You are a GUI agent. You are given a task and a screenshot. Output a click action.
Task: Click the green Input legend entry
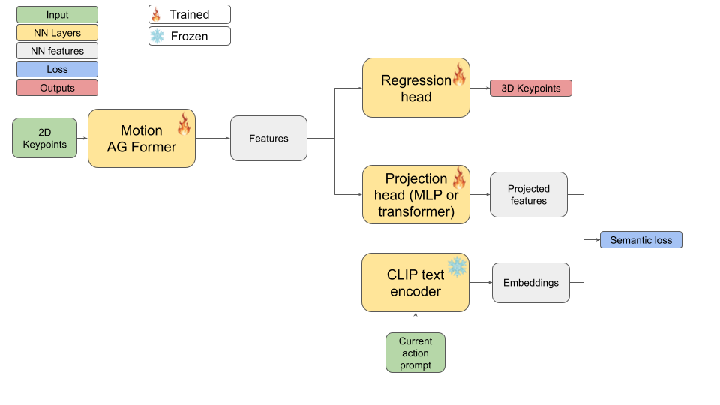click(57, 14)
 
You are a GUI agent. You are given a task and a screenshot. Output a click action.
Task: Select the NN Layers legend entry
click(57, 33)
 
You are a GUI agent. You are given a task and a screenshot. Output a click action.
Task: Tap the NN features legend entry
click(57, 51)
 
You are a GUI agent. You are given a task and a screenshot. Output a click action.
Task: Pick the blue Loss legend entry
click(57, 70)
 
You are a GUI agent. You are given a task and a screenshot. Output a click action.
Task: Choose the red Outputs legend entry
click(57, 88)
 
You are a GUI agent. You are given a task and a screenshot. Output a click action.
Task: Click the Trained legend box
click(189, 14)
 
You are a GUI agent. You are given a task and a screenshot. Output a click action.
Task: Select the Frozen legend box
click(189, 36)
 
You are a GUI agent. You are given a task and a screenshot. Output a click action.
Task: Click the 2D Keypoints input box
click(44, 138)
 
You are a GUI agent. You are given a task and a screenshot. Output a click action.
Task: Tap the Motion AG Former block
click(141, 139)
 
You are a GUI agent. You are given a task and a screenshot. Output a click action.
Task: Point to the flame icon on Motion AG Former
click(184, 124)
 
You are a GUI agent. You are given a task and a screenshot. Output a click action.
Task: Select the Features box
click(268, 138)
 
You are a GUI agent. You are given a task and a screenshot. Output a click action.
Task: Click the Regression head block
click(415, 88)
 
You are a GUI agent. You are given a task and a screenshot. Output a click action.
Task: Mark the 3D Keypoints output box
click(530, 88)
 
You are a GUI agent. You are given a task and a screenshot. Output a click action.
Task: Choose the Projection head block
click(415, 195)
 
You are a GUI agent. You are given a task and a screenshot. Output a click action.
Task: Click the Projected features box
click(528, 195)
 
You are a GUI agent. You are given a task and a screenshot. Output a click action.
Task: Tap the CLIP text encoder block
click(415, 283)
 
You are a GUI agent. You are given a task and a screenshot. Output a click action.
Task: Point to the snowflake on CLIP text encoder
click(457, 266)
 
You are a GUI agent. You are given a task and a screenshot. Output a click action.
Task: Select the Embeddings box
click(530, 283)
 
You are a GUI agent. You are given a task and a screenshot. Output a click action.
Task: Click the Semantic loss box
click(640, 240)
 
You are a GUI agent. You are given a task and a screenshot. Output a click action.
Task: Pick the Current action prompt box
click(415, 352)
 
